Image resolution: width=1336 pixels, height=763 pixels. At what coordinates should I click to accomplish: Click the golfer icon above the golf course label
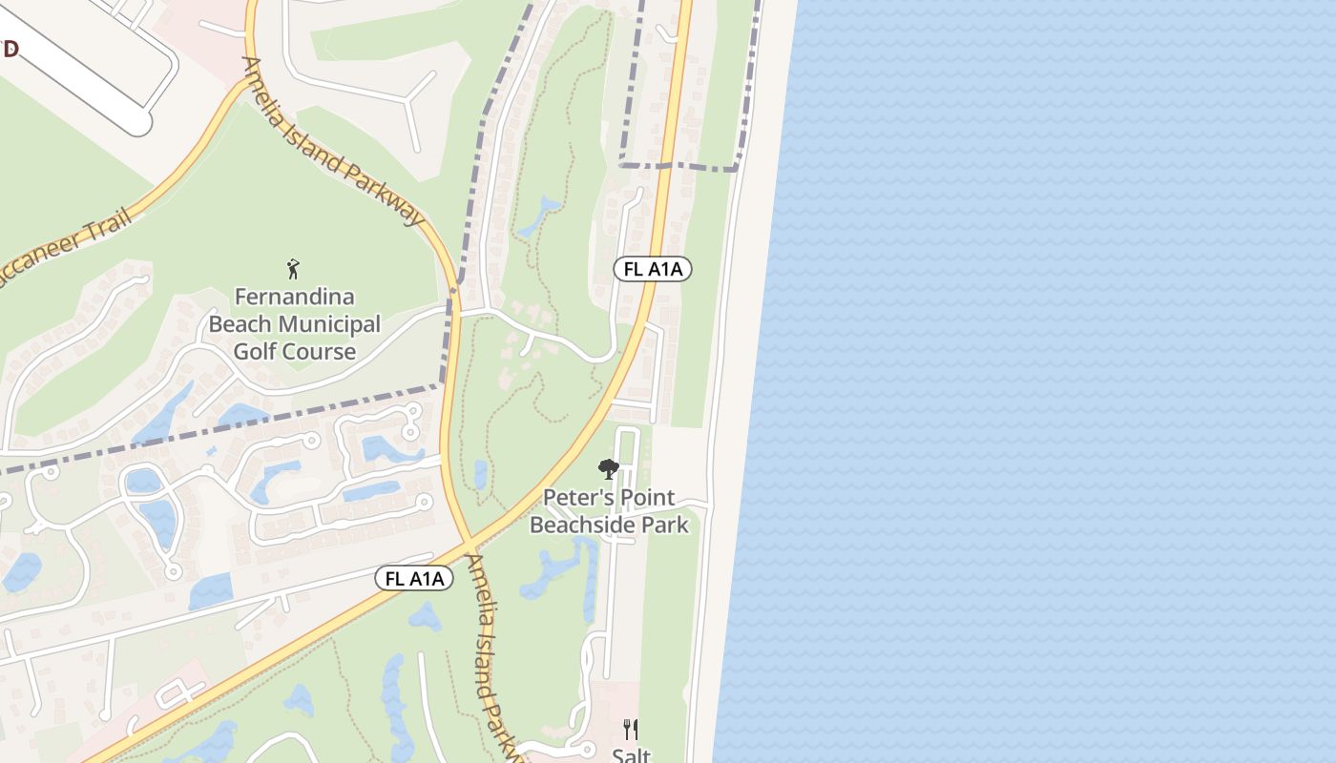click(294, 269)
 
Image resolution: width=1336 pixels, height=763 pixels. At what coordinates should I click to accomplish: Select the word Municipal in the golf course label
click(329, 324)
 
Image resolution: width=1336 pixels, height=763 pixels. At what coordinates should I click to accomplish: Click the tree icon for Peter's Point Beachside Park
click(608, 469)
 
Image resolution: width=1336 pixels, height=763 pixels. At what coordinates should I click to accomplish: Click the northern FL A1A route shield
click(652, 270)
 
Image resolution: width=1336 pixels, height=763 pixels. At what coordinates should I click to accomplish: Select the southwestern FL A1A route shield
click(413, 578)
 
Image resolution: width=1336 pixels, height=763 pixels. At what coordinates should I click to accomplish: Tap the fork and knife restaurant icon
click(631, 730)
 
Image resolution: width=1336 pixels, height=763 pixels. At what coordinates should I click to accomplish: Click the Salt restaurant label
click(631, 755)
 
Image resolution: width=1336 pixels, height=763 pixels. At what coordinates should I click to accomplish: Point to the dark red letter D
click(10, 49)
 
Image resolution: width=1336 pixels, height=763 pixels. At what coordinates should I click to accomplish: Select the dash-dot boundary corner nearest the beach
click(736, 169)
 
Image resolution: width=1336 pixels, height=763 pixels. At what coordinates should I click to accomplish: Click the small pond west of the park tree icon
click(480, 474)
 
